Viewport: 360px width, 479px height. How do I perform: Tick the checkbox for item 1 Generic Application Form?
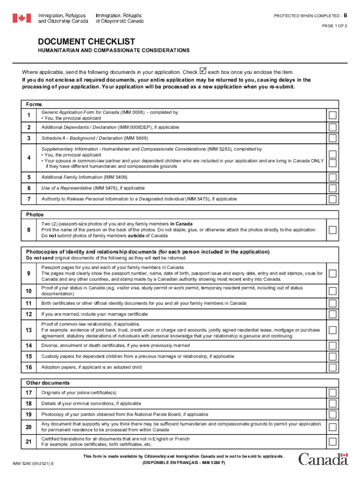pos(332,115)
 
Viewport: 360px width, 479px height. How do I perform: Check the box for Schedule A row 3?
pos(332,138)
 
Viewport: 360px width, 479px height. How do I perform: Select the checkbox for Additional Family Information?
pos(332,177)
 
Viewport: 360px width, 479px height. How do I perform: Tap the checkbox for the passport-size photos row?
pos(332,230)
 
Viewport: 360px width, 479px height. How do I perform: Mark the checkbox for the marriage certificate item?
pos(332,314)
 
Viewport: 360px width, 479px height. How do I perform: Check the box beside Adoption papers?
pos(332,368)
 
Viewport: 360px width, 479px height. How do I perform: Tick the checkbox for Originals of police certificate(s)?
pos(332,392)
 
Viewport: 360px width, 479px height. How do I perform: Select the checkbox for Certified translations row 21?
pos(332,442)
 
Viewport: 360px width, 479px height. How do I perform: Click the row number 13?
pos(29,330)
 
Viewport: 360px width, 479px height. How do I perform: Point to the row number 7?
pos(29,199)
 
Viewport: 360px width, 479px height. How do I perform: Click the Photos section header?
pos(35,214)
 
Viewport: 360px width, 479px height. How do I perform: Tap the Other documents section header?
pos(48,383)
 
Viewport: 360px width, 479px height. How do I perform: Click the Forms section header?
pos(34,104)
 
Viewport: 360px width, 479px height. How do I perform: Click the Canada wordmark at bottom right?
pos(323,459)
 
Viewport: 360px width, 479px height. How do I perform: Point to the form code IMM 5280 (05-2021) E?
pos(33,464)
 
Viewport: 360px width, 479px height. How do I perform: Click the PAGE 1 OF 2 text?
pos(334,26)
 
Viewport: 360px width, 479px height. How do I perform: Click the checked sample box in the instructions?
pos(202,71)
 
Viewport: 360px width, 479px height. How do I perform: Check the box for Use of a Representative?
pos(332,188)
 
